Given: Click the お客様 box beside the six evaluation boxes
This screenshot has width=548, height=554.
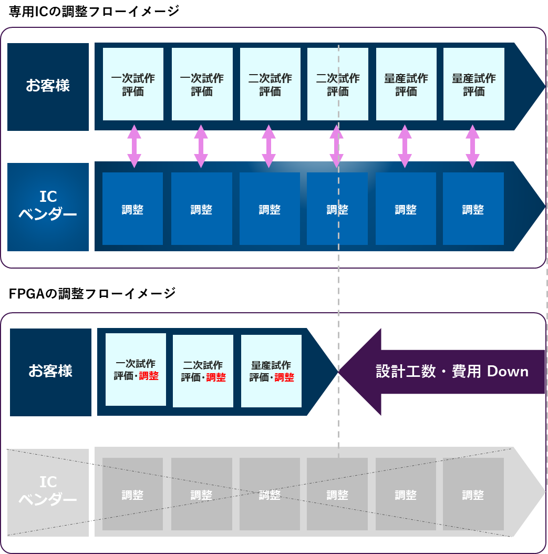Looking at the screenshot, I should click(48, 86).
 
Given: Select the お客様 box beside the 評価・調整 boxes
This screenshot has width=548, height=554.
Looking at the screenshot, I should click(50, 372).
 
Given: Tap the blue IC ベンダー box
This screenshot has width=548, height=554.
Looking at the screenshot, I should click(48, 206).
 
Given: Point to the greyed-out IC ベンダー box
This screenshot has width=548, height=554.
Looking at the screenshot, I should click(48, 491).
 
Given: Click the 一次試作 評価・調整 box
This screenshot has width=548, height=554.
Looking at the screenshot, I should click(136, 370).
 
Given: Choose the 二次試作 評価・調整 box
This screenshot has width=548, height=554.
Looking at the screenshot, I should click(203, 371).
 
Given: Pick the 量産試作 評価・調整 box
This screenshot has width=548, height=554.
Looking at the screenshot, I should click(271, 371).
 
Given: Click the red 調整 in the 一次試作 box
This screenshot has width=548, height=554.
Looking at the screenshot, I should click(149, 376).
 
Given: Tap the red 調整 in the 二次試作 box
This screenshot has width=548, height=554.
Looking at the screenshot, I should click(216, 377).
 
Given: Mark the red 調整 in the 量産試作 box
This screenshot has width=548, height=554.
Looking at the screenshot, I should click(284, 377).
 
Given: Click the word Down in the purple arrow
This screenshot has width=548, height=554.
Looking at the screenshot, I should click(508, 372).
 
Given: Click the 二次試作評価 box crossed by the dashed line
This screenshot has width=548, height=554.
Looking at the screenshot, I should click(338, 84).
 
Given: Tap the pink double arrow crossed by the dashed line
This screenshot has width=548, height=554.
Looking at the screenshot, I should click(336, 146).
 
